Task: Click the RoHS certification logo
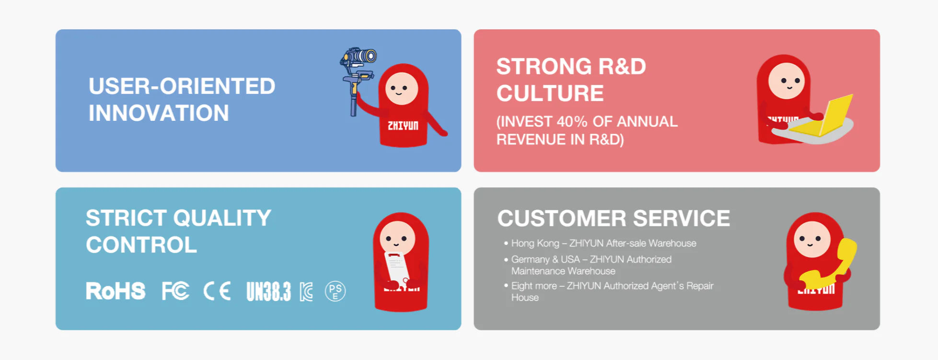tap(116, 291)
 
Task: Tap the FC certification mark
tap(175, 291)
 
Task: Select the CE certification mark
tap(217, 291)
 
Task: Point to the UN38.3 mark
tap(268, 291)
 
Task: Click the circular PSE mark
tap(335, 291)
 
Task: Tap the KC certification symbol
tap(307, 291)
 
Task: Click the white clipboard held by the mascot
tap(397, 267)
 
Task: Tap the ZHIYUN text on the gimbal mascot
tap(403, 126)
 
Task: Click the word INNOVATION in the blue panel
tap(159, 113)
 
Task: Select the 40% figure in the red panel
tap(572, 121)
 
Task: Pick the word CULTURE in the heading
tap(550, 93)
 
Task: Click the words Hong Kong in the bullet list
tap(535, 244)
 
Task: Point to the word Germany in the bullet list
tap(530, 259)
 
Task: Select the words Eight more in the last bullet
tap(534, 286)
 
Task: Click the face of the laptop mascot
tap(787, 81)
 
